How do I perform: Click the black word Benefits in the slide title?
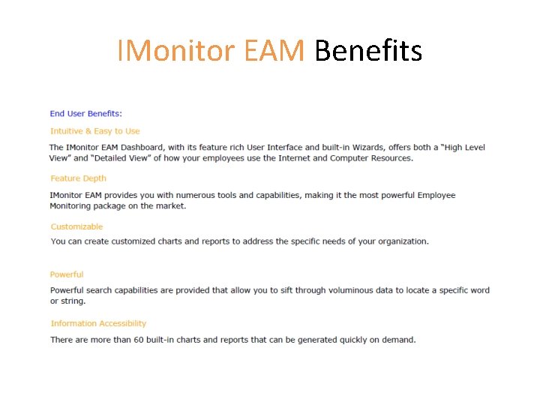coord(368,51)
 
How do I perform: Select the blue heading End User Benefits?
coord(85,114)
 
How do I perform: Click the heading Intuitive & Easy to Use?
coord(95,131)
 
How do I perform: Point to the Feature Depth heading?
coord(79,178)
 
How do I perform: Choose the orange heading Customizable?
coord(77,226)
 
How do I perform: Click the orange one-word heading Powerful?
coord(67,274)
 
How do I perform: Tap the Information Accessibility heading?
coord(98,323)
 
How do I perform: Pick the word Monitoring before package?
coord(72,205)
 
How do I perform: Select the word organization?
coord(401,241)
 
